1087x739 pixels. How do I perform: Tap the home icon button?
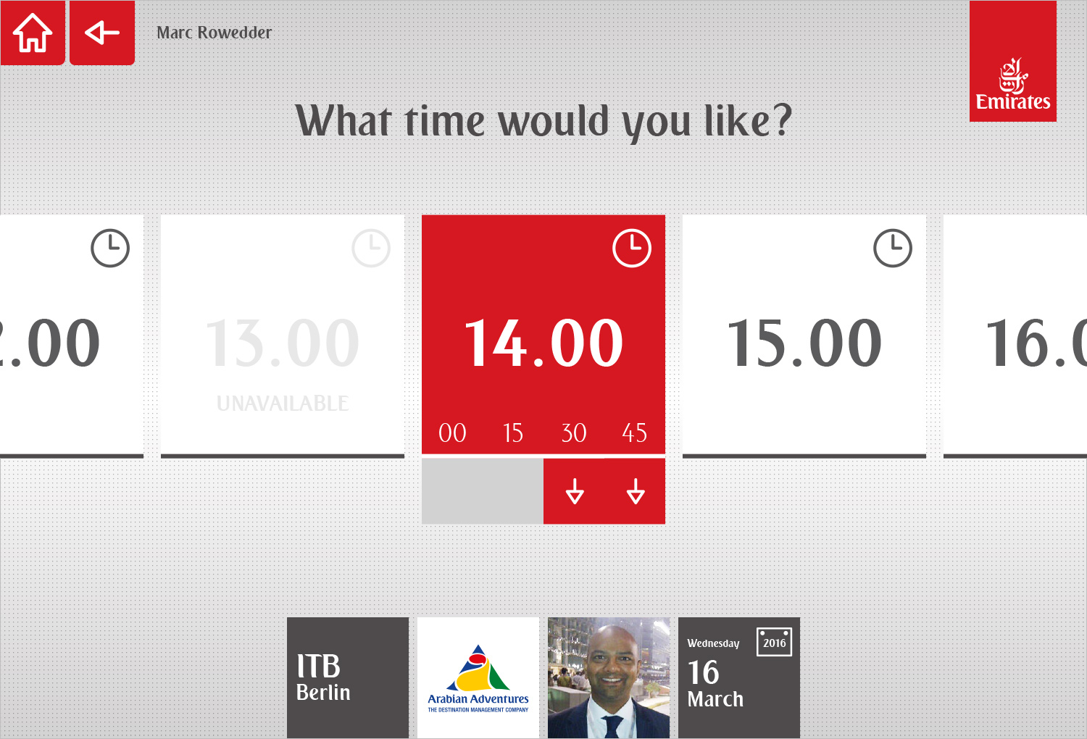pos(33,33)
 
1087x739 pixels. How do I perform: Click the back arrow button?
pos(102,33)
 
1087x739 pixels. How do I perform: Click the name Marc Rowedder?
pos(214,33)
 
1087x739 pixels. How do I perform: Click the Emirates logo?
pos(1013,61)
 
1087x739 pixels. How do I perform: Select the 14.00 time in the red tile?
pos(543,342)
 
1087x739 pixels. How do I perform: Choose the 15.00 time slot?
pos(804,342)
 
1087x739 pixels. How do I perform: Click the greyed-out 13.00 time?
pos(283,342)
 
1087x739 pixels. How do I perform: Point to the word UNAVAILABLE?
pos(283,404)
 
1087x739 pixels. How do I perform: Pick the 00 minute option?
pos(452,433)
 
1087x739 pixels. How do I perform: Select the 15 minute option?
pos(513,433)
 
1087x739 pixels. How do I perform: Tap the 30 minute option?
pos(574,433)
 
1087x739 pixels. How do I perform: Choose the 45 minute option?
pos(634,433)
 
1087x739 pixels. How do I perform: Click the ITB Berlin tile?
pos(347,678)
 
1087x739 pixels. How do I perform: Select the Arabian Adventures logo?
pos(478,678)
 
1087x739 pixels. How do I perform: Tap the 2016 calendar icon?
pos(774,642)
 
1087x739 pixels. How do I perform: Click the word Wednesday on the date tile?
pos(713,643)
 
